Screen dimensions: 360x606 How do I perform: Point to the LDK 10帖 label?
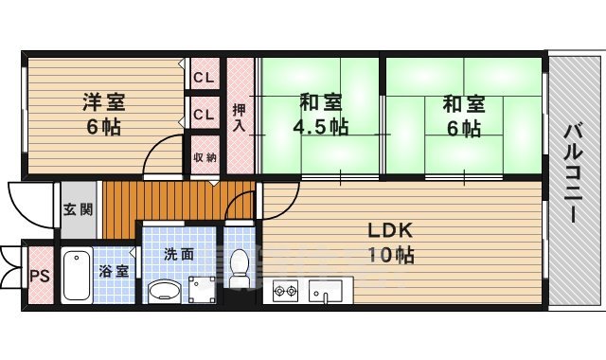point(391,243)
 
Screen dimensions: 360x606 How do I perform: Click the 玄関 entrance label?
point(78,210)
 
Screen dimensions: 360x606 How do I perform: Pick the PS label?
point(39,276)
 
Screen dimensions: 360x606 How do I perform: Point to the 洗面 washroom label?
point(179,253)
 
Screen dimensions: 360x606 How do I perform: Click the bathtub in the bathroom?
point(77,275)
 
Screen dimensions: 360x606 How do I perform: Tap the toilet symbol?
point(240,268)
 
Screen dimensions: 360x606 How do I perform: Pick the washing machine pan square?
point(201,287)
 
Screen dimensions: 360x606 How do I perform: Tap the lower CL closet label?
point(202,116)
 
